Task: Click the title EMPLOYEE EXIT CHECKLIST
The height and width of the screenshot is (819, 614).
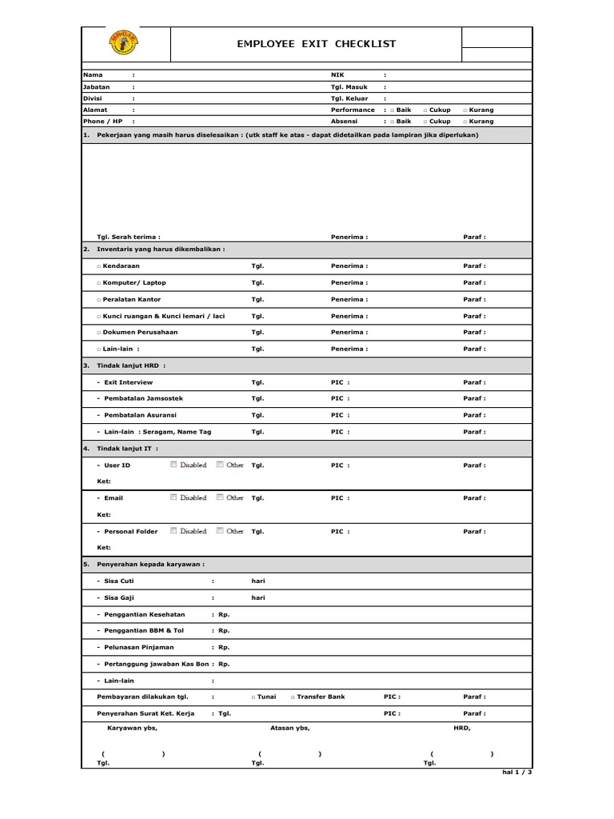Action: [x=316, y=44]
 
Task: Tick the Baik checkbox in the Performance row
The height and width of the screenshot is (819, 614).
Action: [x=393, y=110]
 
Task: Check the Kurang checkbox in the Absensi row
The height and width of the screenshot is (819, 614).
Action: [x=465, y=122]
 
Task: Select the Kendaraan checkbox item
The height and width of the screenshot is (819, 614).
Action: [x=98, y=266]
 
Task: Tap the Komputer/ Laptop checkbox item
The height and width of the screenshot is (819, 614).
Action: [x=98, y=283]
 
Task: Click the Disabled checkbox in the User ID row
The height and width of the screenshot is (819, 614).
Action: [x=173, y=465]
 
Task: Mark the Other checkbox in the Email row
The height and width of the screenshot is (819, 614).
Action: [x=220, y=497]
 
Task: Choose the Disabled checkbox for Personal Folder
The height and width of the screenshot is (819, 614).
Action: [x=173, y=531]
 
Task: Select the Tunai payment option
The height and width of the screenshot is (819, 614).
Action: [x=253, y=697]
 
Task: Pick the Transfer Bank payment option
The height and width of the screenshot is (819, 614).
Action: [x=293, y=697]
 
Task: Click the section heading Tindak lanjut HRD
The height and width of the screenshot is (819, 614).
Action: [x=131, y=366]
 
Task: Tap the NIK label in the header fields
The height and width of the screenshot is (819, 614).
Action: [x=337, y=74]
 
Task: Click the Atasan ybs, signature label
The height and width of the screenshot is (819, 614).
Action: [x=290, y=728]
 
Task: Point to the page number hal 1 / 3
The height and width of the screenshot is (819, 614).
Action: [x=516, y=773]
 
